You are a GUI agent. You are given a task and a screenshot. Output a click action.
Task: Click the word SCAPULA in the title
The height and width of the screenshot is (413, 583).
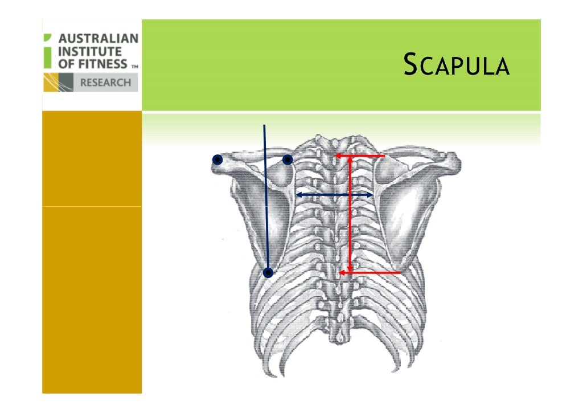point(455,66)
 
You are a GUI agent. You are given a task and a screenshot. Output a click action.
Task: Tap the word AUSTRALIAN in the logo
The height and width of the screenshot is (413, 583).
point(98,39)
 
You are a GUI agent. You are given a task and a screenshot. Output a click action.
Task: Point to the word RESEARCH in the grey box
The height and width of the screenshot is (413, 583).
point(105,83)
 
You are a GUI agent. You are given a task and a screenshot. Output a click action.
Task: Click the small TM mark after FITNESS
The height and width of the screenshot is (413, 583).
point(135,66)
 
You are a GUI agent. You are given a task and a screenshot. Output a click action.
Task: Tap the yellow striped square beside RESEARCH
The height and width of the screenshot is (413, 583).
point(59,83)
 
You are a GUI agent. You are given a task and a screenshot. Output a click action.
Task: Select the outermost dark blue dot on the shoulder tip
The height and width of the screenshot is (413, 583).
point(217,160)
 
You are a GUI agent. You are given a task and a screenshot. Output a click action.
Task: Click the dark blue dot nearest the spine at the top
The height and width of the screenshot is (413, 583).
point(288,160)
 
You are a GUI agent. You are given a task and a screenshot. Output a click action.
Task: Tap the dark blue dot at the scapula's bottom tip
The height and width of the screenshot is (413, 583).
point(268,273)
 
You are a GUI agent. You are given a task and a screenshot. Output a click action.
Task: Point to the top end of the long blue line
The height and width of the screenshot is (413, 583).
point(264,125)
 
